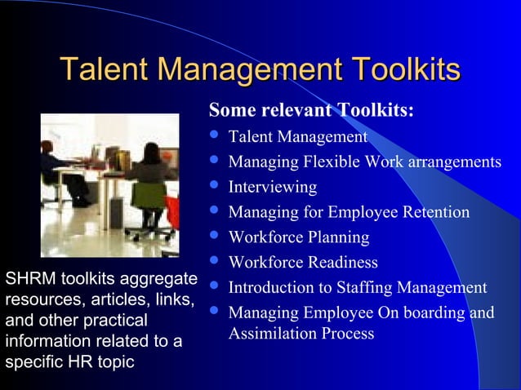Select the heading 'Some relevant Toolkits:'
[311, 110]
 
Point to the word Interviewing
[272, 187]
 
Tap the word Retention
[434, 212]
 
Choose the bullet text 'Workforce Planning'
[299, 237]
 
